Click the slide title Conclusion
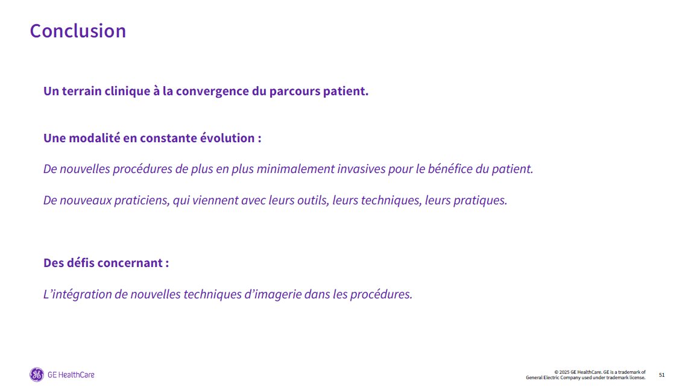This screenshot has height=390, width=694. pyautogui.click(x=78, y=31)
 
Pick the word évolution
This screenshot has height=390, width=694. pyautogui.click(x=227, y=138)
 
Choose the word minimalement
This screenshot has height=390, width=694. pyautogui.click(x=295, y=169)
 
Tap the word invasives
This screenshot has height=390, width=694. pyautogui.click(x=361, y=169)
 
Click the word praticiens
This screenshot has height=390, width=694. pyautogui.click(x=142, y=201)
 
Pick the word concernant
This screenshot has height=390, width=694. pyautogui.click(x=130, y=263)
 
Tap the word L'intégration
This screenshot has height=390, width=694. pyautogui.click(x=77, y=295)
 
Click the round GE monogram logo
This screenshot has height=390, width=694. pyautogui.click(x=37, y=374)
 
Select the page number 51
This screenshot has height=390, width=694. pyautogui.click(x=661, y=375)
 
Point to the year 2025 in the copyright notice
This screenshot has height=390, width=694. pyautogui.click(x=564, y=373)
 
